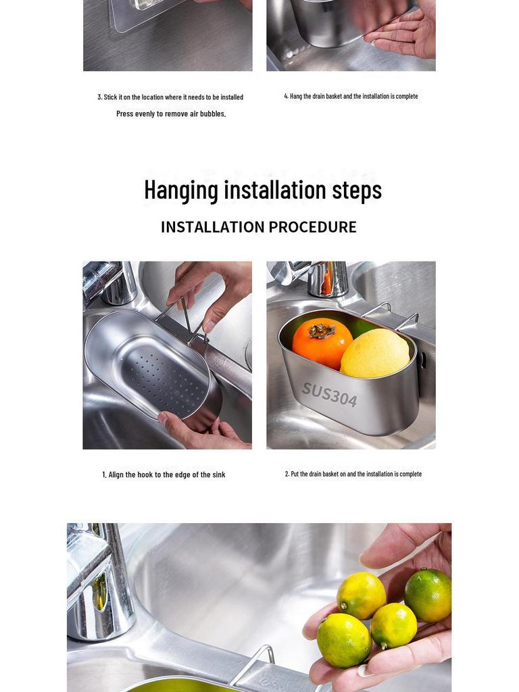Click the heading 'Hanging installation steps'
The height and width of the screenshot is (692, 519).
[x=262, y=190]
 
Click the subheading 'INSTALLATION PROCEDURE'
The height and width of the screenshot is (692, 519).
[x=258, y=227]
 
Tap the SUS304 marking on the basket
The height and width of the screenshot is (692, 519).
[x=329, y=394]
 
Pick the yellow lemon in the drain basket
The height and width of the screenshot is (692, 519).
[x=375, y=353]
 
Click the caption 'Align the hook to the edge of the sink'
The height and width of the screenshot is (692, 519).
[x=164, y=474]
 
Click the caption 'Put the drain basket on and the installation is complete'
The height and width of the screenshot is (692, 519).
[x=353, y=474]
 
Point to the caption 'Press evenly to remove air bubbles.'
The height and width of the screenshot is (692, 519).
[x=171, y=114]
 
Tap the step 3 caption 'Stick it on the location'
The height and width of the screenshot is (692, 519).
[x=170, y=97]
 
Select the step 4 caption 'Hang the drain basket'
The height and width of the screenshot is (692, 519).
[x=351, y=96]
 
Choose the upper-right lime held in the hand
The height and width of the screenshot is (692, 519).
[x=428, y=595]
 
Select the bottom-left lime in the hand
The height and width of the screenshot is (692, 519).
[x=343, y=640]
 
